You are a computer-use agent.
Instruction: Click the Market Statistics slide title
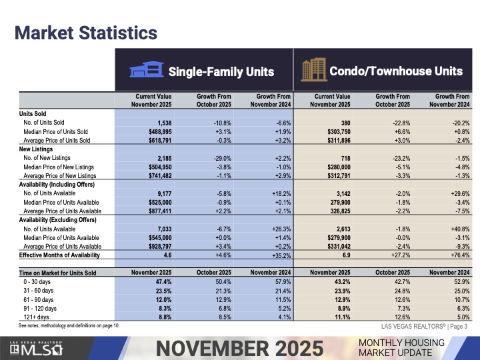(86, 32)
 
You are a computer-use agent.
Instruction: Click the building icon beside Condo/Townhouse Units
(311, 69)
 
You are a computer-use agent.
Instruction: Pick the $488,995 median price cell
(158, 132)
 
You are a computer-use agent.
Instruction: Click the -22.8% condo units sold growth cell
(397, 123)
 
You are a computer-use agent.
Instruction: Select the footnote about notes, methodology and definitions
(69, 326)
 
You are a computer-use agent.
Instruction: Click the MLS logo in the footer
(39, 347)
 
